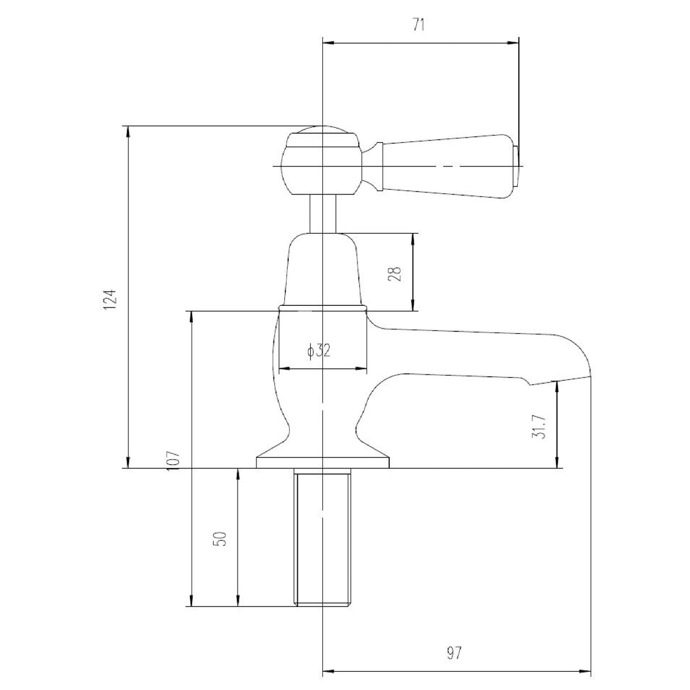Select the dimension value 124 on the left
pos(111,299)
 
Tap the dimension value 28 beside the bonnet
pos(397,273)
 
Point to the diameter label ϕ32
pos(319,351)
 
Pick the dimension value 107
pos(174,458)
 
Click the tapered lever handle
pos(449,167)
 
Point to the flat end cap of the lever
pos(516,167)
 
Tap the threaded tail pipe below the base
pos(322,537)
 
